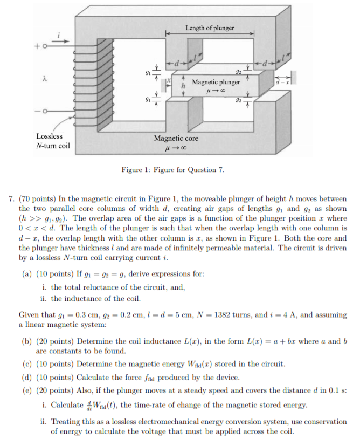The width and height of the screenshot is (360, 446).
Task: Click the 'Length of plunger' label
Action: tap(210, 28)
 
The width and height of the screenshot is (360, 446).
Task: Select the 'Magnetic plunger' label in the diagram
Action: tap(216, 83)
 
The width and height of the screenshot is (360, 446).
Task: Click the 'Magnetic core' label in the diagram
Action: tap(176, 138)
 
